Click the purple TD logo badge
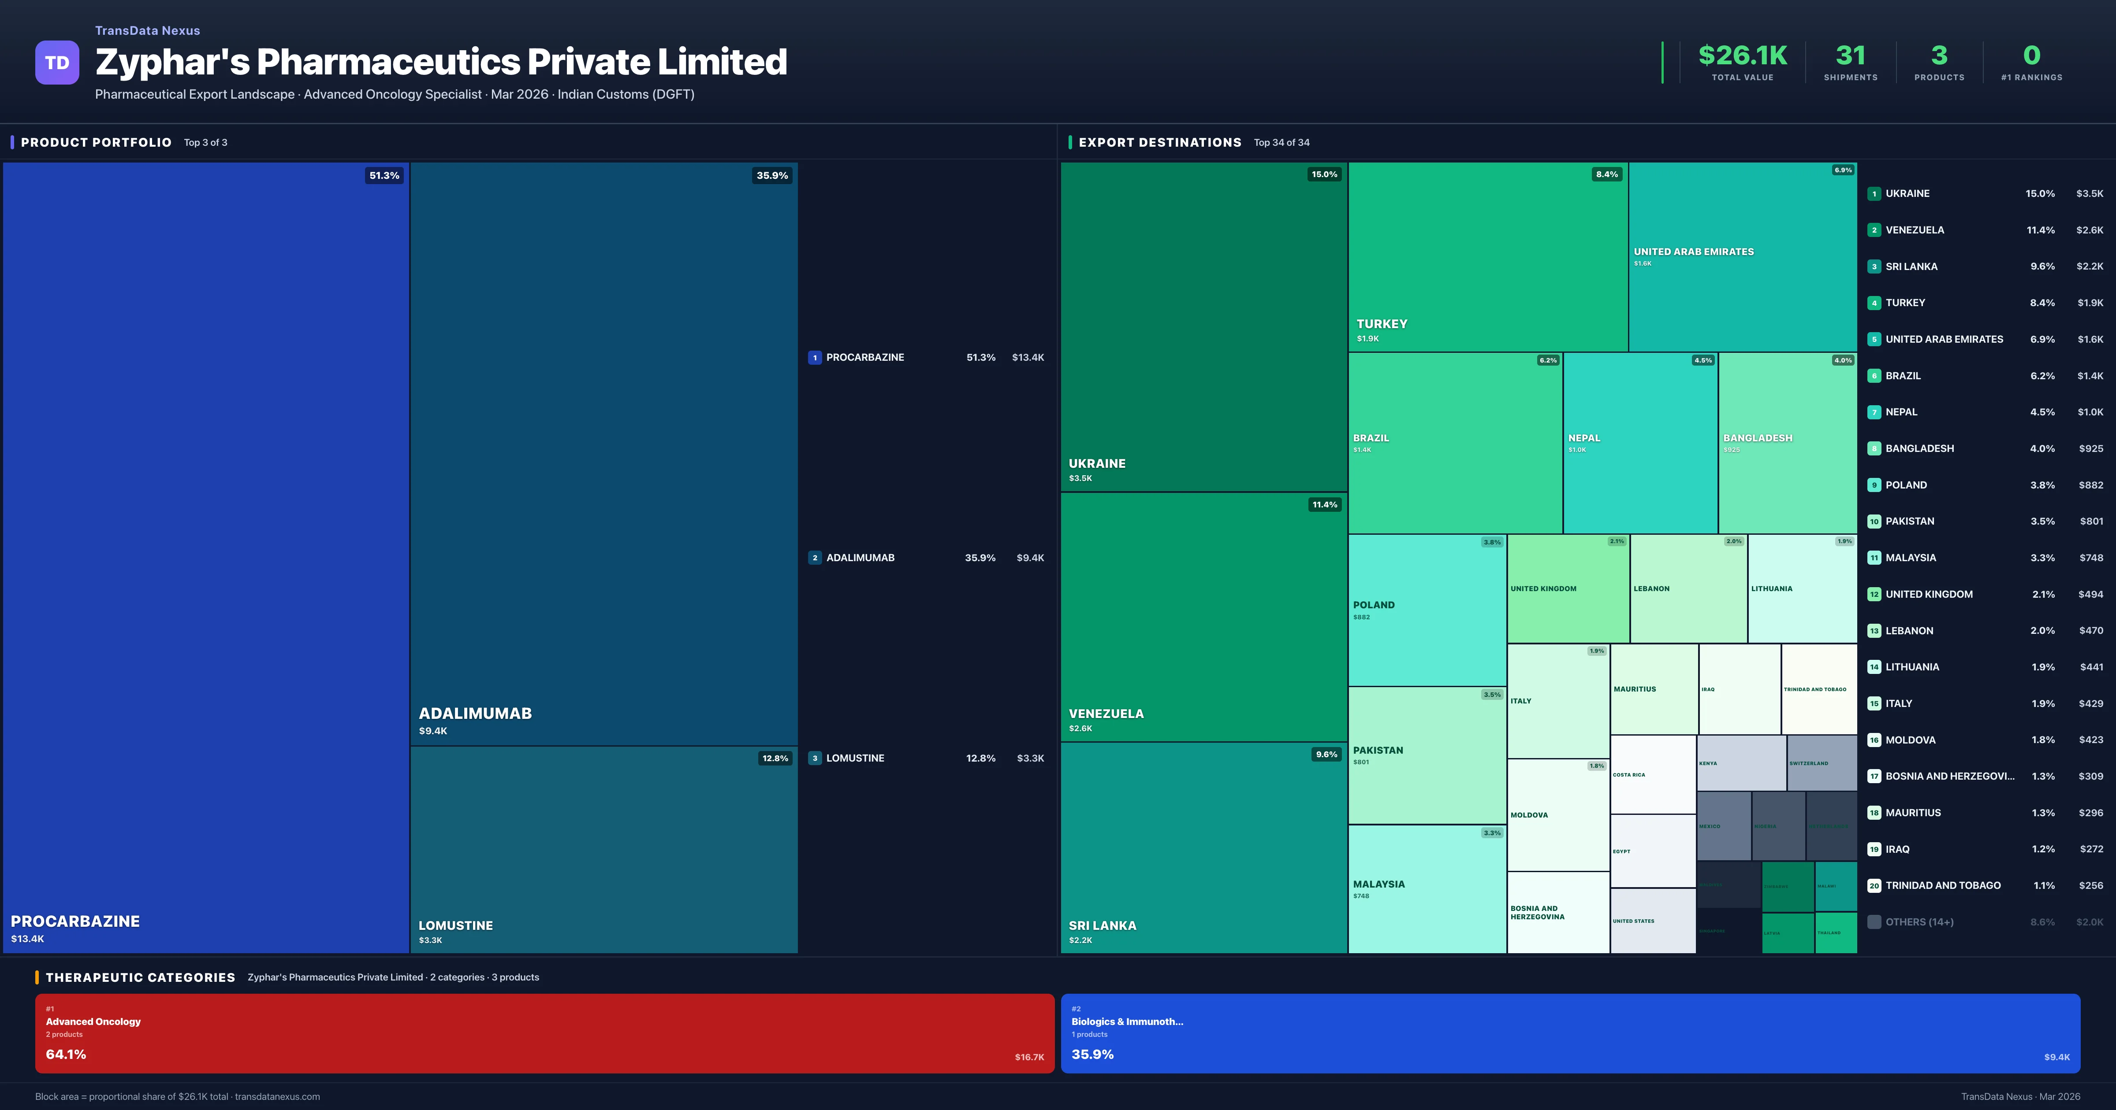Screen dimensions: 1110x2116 click(57, 63)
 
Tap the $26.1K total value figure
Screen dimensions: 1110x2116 click(1742, 56)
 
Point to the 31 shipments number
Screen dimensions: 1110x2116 click(1850, 56)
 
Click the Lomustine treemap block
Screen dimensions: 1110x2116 click(604, 850)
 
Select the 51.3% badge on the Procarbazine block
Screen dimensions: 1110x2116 click(384, 176)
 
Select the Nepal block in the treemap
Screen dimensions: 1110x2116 click(1639, 444)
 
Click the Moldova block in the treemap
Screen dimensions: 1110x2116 click(1557, 814)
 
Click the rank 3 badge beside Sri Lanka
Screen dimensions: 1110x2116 click(1874, 267)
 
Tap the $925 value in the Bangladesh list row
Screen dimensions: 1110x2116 click(2090, 448)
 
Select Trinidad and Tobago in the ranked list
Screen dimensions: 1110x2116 click(1943, 885)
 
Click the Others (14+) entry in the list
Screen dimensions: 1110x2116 click(1919, 922)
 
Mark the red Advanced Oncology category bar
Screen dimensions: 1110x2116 click(544, 1033)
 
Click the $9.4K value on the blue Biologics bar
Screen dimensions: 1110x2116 click(2056, 1057)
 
